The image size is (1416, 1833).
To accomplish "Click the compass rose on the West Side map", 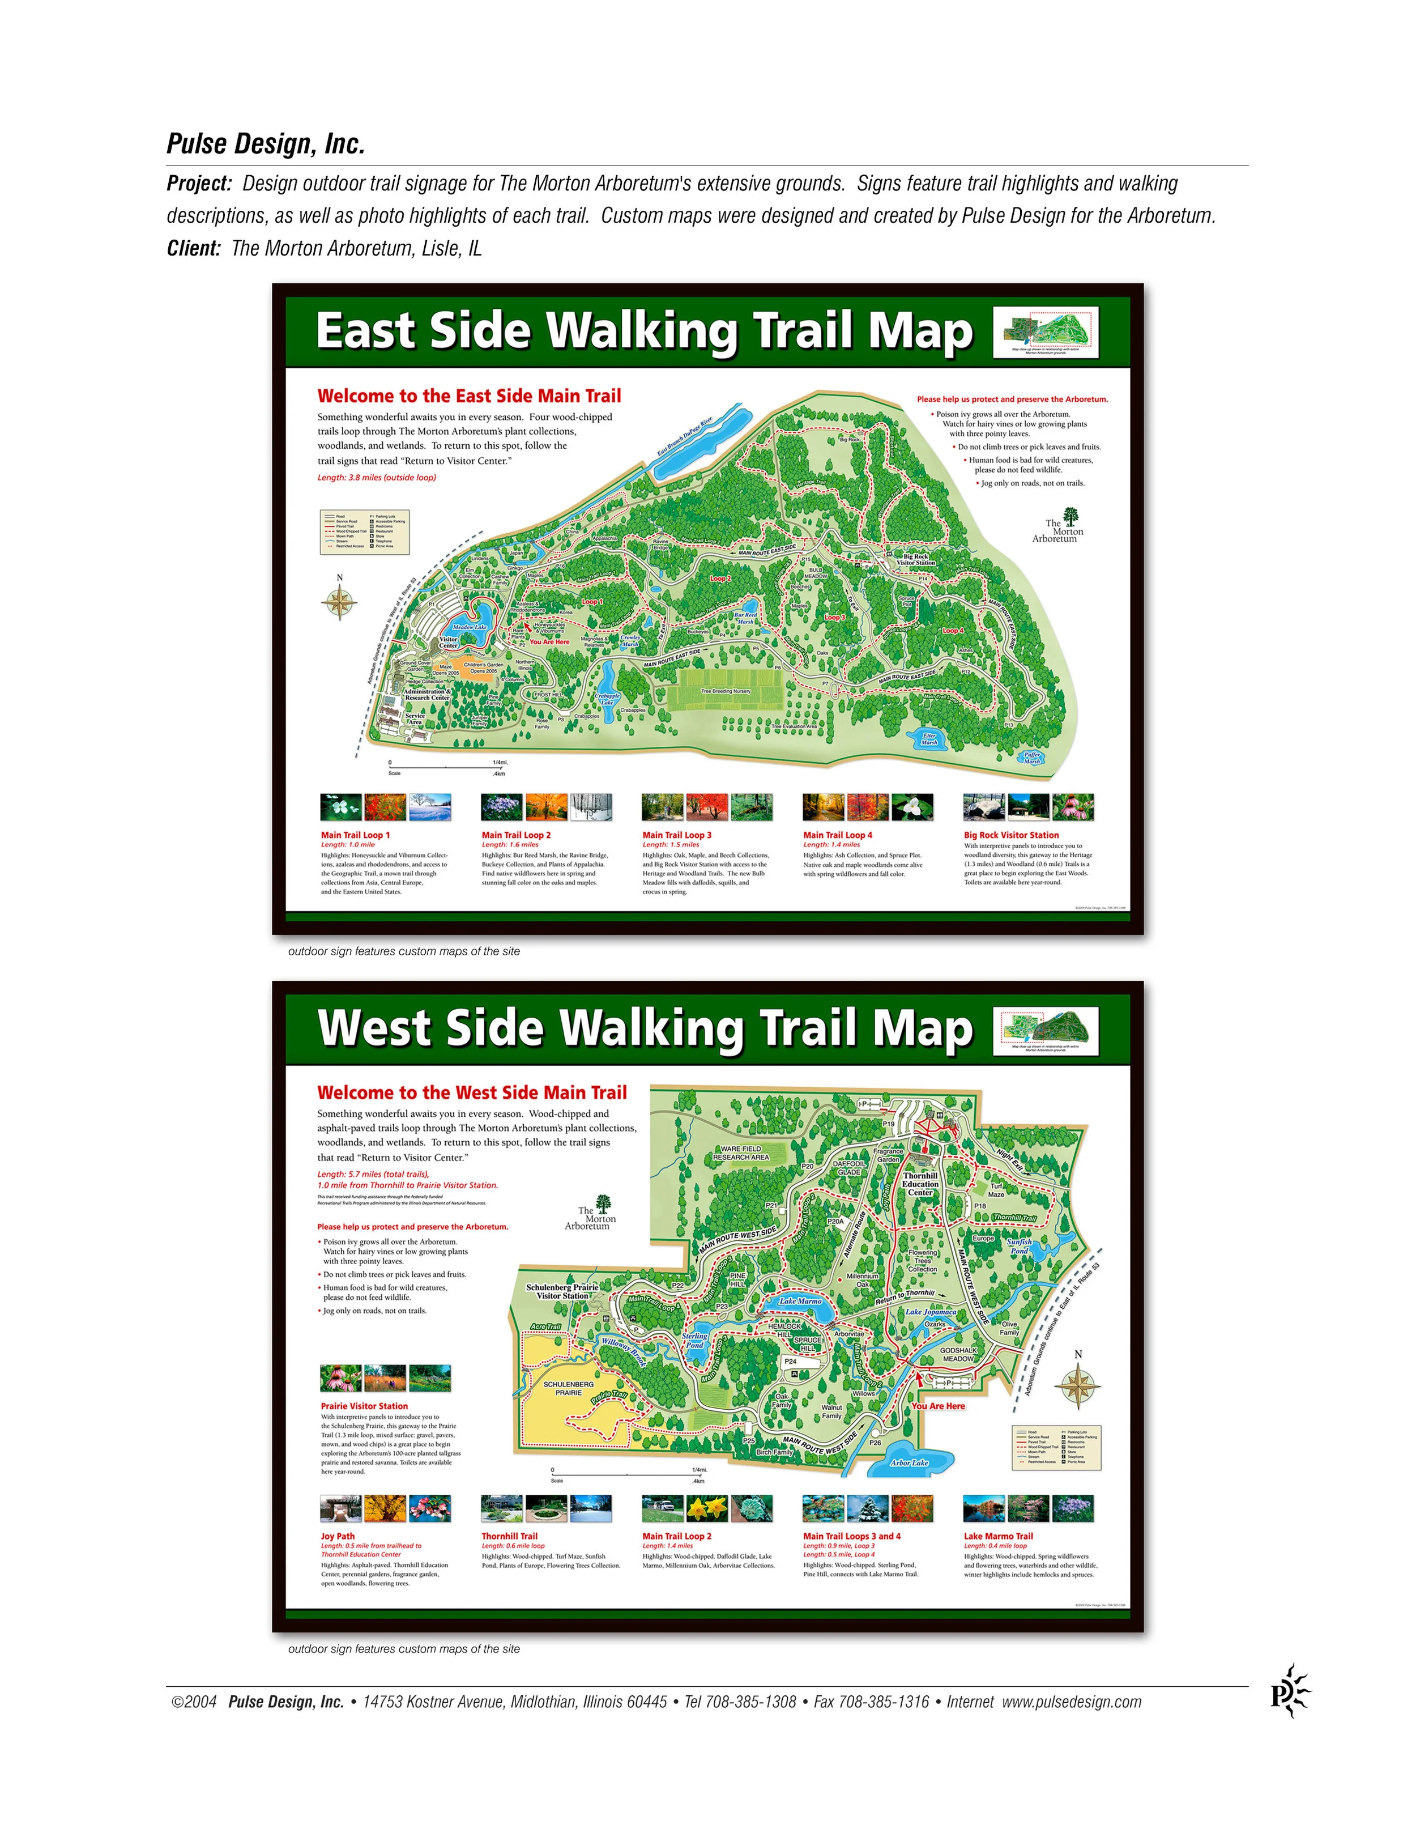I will (x=1078, y=1385).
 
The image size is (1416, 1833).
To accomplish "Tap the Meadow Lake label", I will (x=470, y=627).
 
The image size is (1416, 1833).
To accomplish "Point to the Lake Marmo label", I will (x=800, y=1301).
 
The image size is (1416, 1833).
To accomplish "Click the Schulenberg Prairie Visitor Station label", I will (x=562, y=1291).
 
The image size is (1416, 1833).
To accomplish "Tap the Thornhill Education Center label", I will (x=920, y=1184).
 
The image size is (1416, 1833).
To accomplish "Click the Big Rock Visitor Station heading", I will (x=1011, y=835).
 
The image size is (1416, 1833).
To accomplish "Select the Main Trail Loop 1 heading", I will (x=355, y=835).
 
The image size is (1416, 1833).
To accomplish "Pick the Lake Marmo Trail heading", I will (x=998, y=1536).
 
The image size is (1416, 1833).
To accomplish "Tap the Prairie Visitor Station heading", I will (x=364, y=1406).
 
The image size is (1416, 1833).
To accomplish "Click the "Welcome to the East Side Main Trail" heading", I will (x=469, y=396).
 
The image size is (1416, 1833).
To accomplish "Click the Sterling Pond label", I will (x=694, y=1341).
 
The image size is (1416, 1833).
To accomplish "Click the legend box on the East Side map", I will (x=364, y=531).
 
